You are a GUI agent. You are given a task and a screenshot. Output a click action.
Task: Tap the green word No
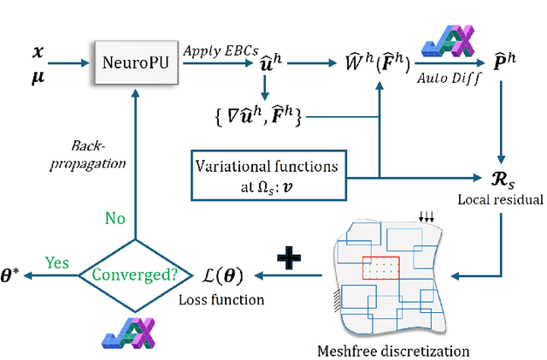pyautogui.click(x=115, y=219)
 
